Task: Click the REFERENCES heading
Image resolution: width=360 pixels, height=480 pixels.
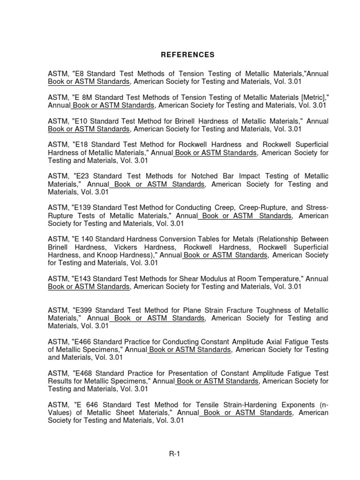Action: tap(187, 55)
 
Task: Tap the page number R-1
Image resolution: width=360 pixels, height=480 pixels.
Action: tap(174, 454)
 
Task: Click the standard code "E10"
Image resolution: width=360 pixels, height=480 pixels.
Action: tap(81, 121)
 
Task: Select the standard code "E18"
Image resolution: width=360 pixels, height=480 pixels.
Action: tap(81, 144)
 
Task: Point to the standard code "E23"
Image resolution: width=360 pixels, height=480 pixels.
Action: tap(81, 176)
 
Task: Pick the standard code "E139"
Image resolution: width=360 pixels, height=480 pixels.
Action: tap(82, 207)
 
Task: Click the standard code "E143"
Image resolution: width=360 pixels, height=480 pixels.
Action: tap(82, 278)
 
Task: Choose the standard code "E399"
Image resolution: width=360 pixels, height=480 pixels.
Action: tap(82, 310)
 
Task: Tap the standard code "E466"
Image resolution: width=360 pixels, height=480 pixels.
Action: tap(82, 342)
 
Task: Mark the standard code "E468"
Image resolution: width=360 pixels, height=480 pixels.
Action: tap(82, 373)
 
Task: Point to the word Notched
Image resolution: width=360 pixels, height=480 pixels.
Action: tap(199, 176)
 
